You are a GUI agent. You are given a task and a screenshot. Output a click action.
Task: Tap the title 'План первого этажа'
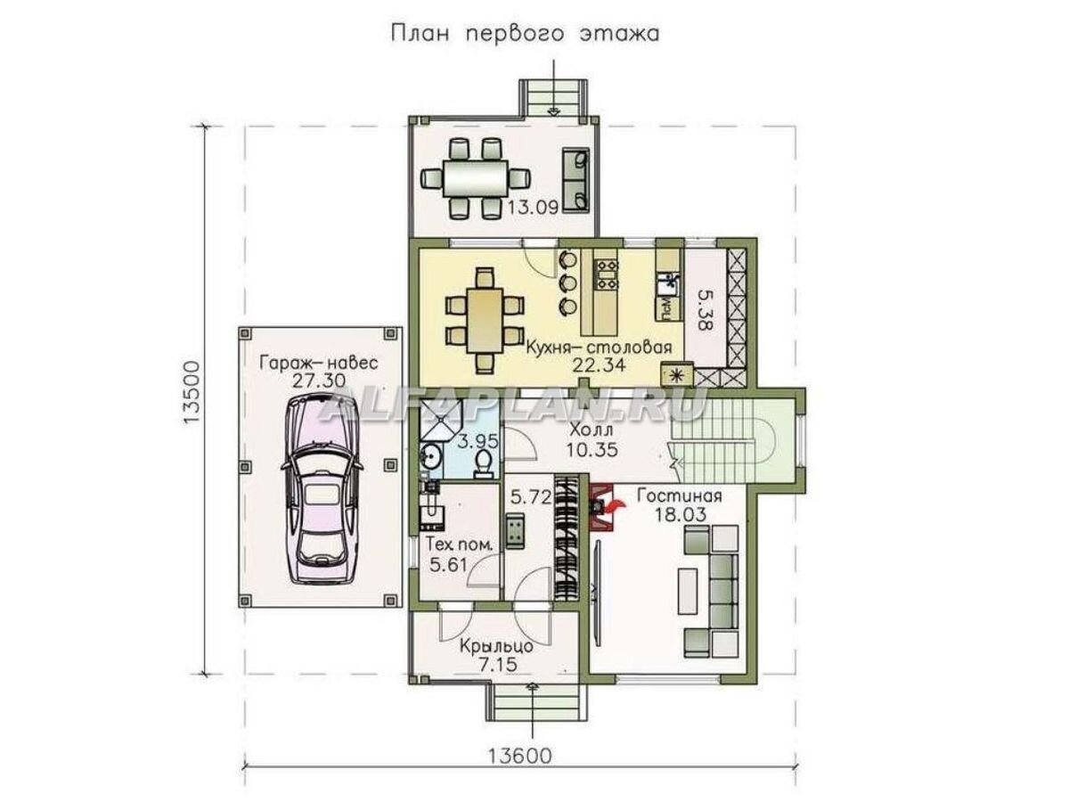tap(525, 34)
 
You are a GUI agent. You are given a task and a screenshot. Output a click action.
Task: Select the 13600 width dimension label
tap(519, 768)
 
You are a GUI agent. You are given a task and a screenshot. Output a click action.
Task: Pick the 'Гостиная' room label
tap(680, 495)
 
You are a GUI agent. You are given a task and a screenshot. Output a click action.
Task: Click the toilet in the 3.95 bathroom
tap(483, 463)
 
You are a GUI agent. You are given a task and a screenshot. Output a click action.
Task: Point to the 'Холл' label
tap(592, 430)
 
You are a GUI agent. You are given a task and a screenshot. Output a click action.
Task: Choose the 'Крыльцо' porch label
tap(496, 646)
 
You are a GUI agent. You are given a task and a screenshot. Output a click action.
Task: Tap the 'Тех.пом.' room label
tap(460, 544)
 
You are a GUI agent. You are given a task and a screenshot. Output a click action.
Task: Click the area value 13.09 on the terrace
tap(533, 208)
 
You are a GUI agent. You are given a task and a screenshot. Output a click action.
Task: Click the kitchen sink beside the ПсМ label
tap(666, 284)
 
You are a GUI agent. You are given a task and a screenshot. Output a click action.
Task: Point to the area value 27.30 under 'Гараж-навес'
tap(318, 380)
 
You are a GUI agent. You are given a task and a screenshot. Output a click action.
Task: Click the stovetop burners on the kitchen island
tap(606, 274)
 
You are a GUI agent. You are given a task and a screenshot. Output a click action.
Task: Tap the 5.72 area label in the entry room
tap(531, 496)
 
